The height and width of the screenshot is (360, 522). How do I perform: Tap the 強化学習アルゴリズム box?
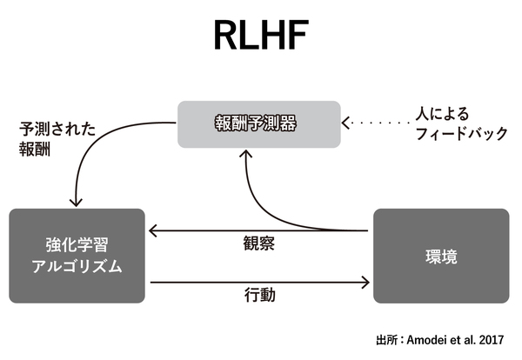(x=77, y=256)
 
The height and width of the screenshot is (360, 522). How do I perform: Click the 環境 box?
(x=441, y=256)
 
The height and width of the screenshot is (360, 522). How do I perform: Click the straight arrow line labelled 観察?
(x=261, y=230)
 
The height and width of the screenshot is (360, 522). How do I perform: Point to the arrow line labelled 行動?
(x=261, y=281)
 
